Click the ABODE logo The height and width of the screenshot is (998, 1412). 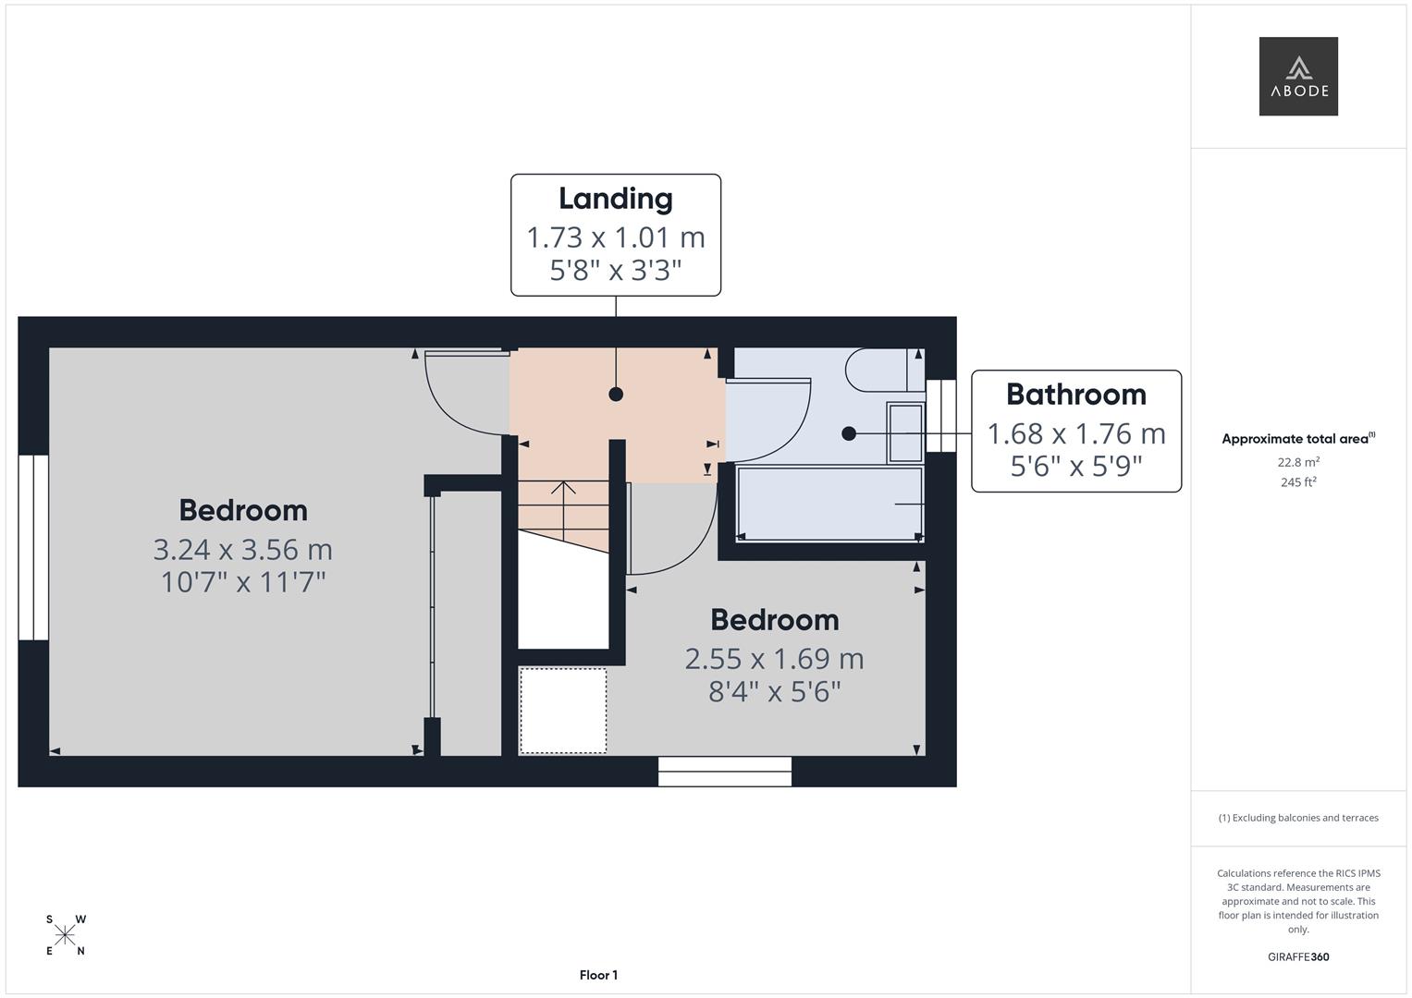pos(1298,76)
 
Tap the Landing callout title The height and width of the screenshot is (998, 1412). pos(616,199)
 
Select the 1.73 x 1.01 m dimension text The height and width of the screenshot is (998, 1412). pos(616,237)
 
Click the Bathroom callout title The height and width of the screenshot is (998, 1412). pos(1076,395)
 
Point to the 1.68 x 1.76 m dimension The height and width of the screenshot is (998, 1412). pos(1076,433)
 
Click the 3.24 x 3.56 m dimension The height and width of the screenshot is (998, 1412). pos(242,550)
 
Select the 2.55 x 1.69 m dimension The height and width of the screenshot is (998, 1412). pos(775,659)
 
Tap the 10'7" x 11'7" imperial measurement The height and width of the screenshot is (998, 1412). pos(243,582)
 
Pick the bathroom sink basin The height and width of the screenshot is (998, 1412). pos(905,432)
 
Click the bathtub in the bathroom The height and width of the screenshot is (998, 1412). pos(830,504)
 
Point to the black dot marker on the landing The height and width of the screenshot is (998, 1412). pos(616,395)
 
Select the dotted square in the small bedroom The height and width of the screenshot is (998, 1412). pos(563,711)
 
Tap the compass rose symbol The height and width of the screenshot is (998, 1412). pos(65,935)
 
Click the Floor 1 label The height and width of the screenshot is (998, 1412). pos(598,975)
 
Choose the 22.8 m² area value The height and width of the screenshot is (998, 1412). pos(1298,462)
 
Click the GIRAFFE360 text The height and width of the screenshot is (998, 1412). pos(1298,956)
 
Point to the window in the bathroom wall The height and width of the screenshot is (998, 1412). pos(940,415)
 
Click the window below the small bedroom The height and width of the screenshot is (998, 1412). pos(725,772)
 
